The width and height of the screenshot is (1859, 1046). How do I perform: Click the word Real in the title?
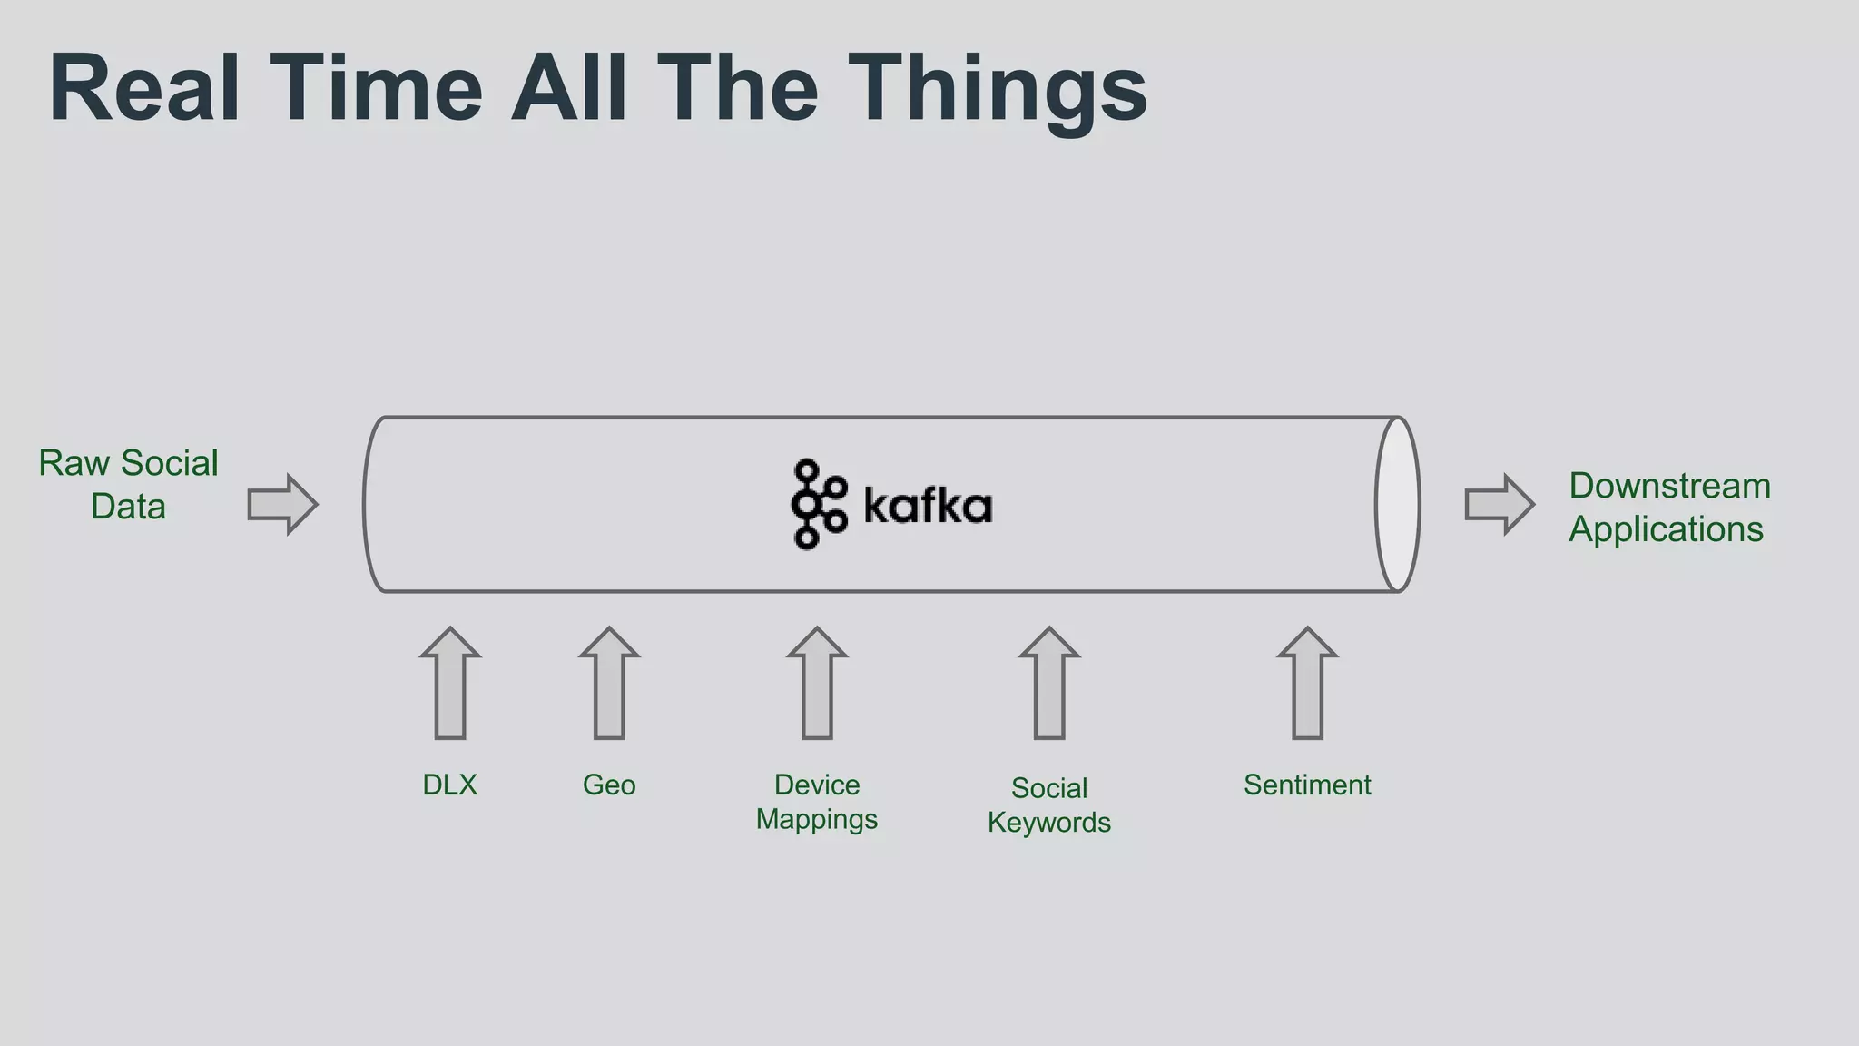click(145, 89)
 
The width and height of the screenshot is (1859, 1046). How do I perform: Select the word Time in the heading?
click(376, 89)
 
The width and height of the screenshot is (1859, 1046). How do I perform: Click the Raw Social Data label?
click(128, 485)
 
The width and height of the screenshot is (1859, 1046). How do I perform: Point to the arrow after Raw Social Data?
click(282, 504)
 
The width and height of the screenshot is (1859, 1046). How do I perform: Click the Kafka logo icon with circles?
click(817, 505)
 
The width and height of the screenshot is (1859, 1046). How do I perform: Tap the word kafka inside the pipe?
click(928, 506)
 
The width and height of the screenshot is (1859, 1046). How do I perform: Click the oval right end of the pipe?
click(1397, 505)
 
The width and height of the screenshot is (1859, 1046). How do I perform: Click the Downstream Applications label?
click(1668, 508)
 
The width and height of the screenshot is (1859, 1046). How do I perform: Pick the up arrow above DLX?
click(450, 683)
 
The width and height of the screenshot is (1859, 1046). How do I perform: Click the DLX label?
click(449, 784)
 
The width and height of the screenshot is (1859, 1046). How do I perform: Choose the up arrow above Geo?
click(609, 683)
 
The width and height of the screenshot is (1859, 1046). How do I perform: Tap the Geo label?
click(609, 784)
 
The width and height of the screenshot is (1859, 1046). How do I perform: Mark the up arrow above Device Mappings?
click(817, 683)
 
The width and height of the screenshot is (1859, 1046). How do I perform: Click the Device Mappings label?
click(817, 802)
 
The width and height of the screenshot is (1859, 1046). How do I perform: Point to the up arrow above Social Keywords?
click(1049, 683)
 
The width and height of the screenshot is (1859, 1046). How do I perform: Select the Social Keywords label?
click(1049, 805)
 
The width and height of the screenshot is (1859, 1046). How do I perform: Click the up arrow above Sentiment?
click(1307, 683)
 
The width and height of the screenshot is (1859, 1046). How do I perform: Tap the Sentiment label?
click(1307, 784)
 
